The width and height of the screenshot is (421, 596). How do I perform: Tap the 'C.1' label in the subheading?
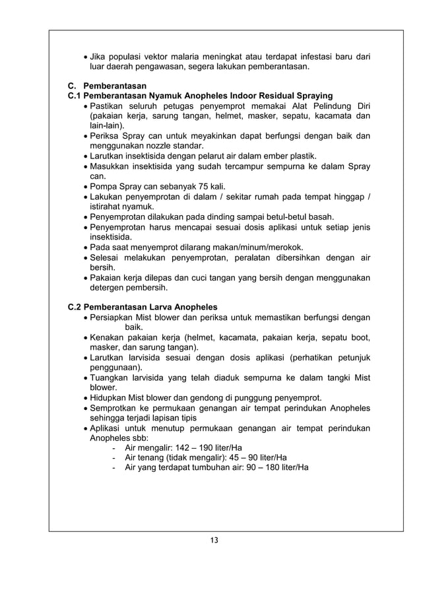tap(77, 96)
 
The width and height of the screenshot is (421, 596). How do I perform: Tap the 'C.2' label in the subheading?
tap(77, 307)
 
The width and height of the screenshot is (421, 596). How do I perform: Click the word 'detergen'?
tap(108, 288)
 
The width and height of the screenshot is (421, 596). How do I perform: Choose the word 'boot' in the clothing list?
tap(360, 337)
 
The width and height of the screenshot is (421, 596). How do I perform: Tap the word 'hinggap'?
tap(348, 196)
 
